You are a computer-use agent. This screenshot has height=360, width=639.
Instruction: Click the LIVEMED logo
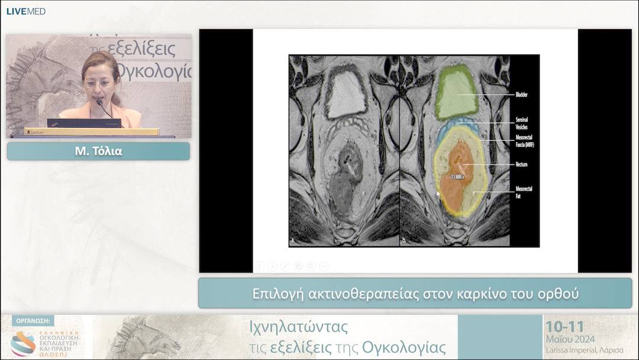click(25, 11)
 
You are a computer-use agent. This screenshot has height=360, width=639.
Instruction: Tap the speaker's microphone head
click(99, 102)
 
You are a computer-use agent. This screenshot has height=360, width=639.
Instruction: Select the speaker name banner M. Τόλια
click(98, 151)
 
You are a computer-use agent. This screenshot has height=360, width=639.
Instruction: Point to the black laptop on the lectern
click(84, 123)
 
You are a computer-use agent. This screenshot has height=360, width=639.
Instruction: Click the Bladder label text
click(521, 95)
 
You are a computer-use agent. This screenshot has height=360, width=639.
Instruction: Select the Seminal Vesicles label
click(521, 123)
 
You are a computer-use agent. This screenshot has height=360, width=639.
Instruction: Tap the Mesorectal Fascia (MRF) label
click(524, 140)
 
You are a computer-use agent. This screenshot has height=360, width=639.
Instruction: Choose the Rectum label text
click(521, 165)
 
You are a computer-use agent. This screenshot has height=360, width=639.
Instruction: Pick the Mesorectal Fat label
click(524, 191)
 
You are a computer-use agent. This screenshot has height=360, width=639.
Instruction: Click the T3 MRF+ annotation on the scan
click(458, 176)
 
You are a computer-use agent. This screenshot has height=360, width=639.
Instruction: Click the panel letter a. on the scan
click(293, 240)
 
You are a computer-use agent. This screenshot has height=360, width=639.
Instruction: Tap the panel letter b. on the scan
click(405, 240)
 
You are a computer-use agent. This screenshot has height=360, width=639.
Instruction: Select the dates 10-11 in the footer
click(564, 327)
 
